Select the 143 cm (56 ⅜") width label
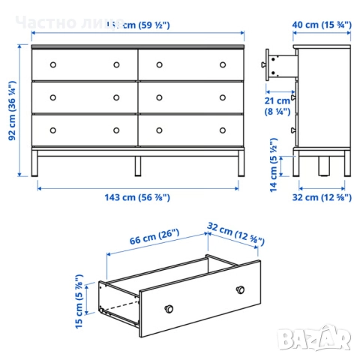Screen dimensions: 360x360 137,197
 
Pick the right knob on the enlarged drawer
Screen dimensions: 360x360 240,289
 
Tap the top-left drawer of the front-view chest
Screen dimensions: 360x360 85,64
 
